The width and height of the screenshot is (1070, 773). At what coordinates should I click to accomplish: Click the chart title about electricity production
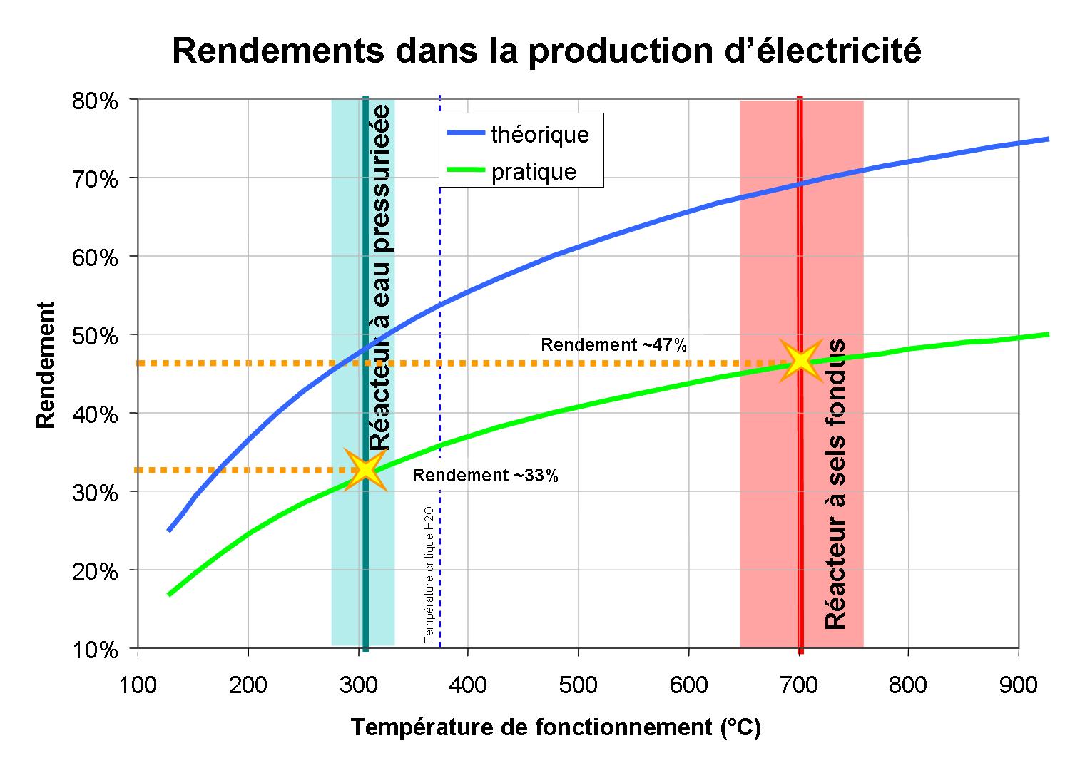point(546,51)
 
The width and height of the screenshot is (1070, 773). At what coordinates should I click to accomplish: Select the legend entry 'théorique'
point(539,134)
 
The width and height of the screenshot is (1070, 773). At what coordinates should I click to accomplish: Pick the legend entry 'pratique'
point(534,172)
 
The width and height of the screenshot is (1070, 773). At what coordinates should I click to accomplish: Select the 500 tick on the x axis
point(578,685)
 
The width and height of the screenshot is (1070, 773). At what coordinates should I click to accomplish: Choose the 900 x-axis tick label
point(1018,685)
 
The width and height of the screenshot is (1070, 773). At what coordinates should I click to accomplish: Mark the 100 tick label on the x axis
point(138,685)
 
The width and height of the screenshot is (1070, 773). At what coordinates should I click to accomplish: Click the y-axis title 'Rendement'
point(46,364)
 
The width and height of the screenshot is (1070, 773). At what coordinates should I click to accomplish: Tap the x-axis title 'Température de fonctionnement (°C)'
point(556,727)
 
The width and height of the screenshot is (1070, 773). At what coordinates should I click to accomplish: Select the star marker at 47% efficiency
point(800,360)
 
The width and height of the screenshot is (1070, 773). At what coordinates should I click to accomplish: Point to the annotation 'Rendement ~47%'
point(613,345)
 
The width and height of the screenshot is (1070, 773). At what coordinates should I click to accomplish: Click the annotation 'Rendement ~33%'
point(485,476)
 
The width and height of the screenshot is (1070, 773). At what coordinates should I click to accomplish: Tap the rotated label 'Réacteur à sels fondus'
point(835,485)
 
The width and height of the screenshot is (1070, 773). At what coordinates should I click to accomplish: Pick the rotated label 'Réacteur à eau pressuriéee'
point(381,278)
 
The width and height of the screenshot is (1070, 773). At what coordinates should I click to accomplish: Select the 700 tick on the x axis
point(798,685)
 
